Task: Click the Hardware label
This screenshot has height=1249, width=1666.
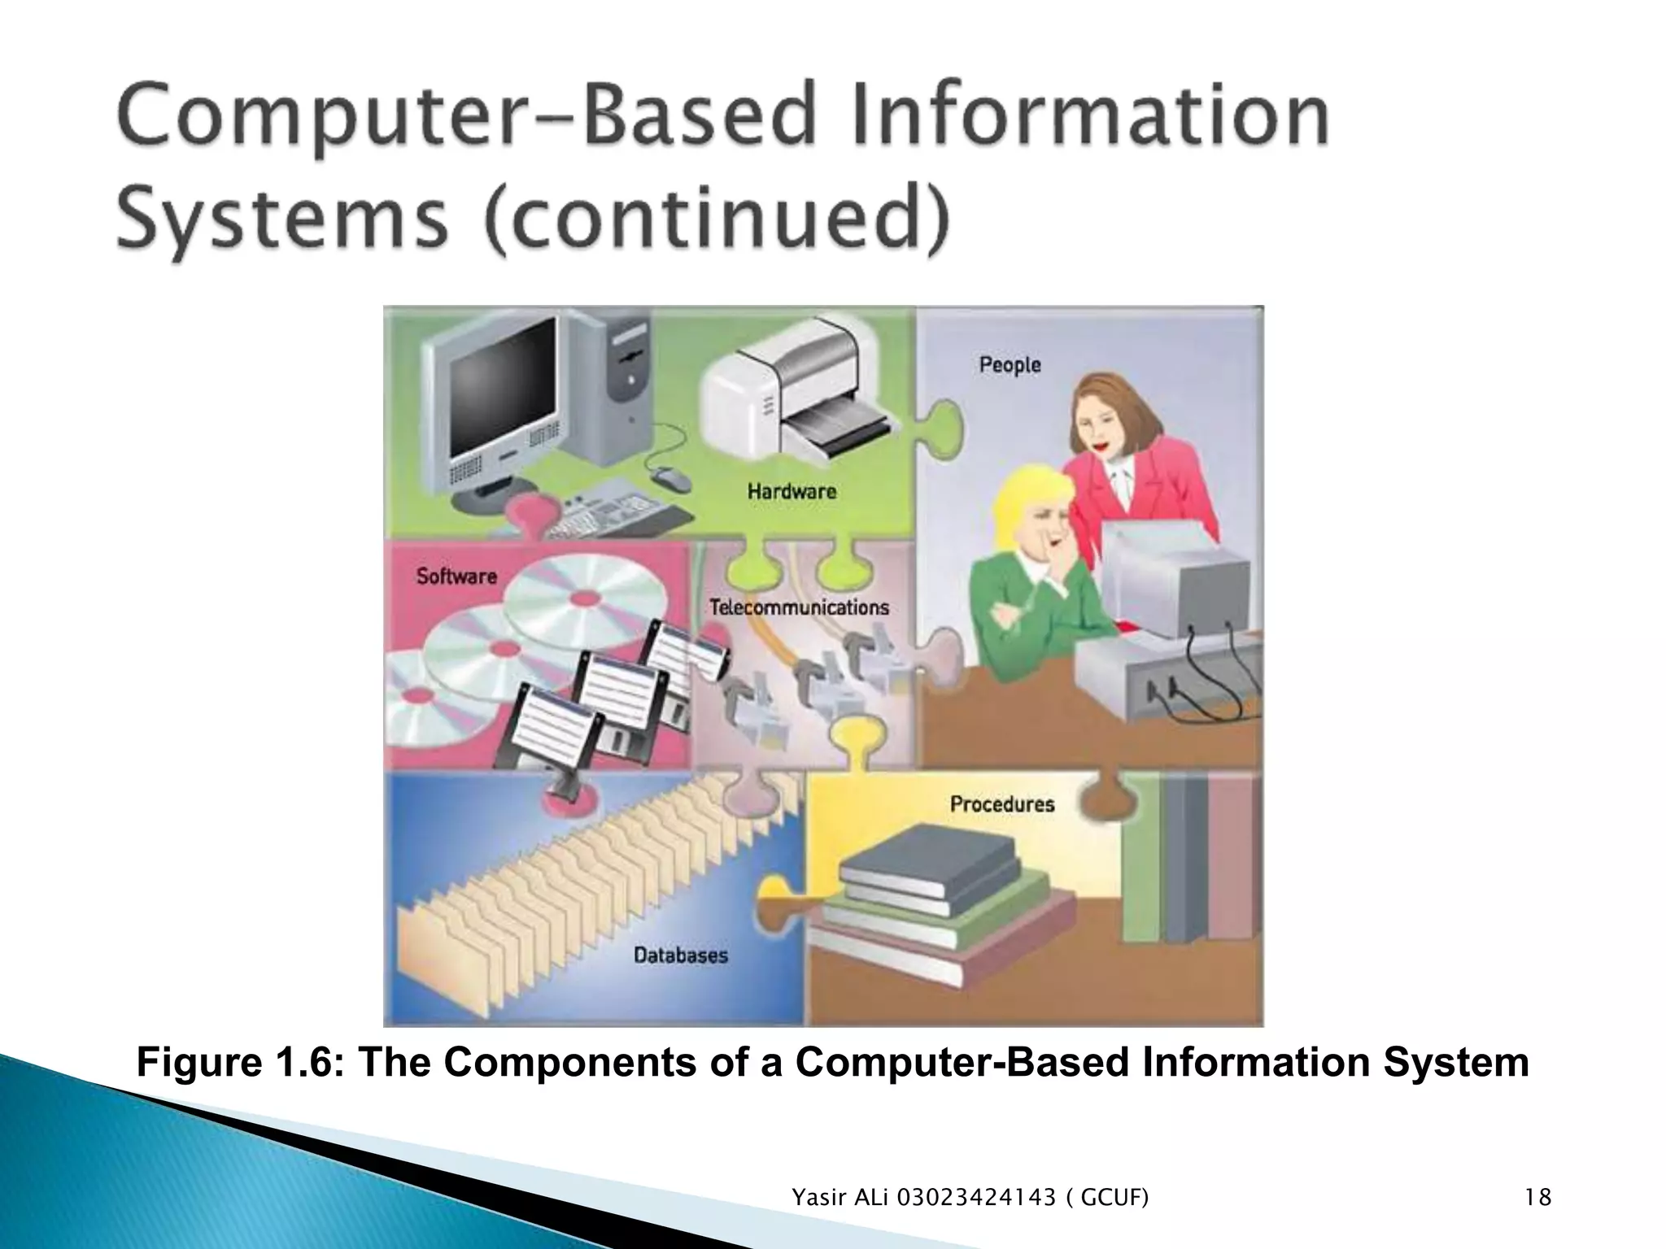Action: click(792, 491)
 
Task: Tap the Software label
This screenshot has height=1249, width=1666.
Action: click(456, 576)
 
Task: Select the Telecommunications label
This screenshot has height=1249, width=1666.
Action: click(799, 607)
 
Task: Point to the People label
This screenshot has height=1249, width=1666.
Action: click(1010, 364)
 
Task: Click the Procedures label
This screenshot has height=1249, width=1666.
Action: click(1002, 804)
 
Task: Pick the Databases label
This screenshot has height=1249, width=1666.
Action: click(680, 955)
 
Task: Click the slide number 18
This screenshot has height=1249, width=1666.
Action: click(1538, 1198)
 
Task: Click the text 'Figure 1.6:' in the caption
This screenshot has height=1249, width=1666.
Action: click(238, 1063)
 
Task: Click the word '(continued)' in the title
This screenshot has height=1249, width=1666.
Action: click(717, 220)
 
